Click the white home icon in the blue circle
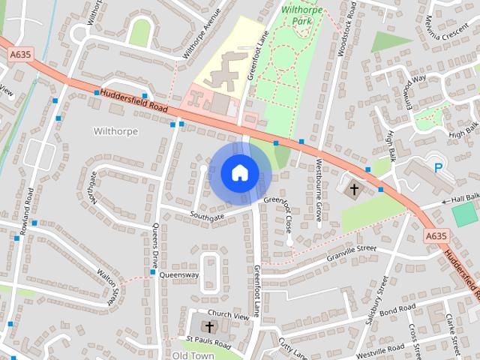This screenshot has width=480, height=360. (238, 172)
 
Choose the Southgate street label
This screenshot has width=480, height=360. (207, 217)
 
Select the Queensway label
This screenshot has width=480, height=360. (180, 275)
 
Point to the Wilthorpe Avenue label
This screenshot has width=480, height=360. (202, 34)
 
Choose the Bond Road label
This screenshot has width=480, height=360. (397, 309)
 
